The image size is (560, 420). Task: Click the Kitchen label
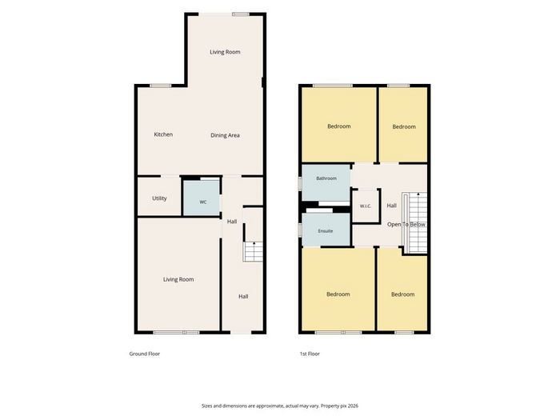click(163, 134)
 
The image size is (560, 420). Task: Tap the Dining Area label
click(225, 135)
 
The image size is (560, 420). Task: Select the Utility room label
click(159, 198)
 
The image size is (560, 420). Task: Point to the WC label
click(203, 202)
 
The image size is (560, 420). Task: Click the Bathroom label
click(326, 178)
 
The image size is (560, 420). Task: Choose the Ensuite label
click(326, 231)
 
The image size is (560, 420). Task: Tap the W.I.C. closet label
click(366, 206)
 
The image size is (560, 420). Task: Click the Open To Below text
click(406, 225)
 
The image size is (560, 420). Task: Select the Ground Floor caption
click(145, 354)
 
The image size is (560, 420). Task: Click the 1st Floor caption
click(310, 354)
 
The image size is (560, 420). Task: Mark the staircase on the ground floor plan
click(253, 251)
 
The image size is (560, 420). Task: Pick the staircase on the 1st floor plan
click(415, 222)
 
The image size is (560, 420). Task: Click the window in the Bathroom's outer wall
click(300, 183)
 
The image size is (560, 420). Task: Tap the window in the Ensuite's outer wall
click(300, 230)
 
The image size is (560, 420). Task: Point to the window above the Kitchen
click(161, 86)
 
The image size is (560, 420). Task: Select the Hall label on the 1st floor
click(392, 206)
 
